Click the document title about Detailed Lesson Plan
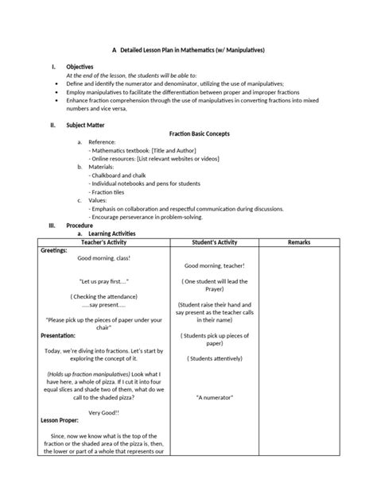click(x=188, y=49)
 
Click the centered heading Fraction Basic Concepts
click(x=196, y=133)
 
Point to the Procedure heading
click(x=80, y=226)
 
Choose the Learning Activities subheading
click(x=111, y=234)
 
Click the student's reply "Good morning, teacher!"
click(x=215, y=265)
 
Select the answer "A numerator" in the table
click(x=215, y=396)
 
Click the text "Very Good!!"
click(x=103, y=412)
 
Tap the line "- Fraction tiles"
click(x=111, y=193)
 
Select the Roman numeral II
click(x=52, y=125)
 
